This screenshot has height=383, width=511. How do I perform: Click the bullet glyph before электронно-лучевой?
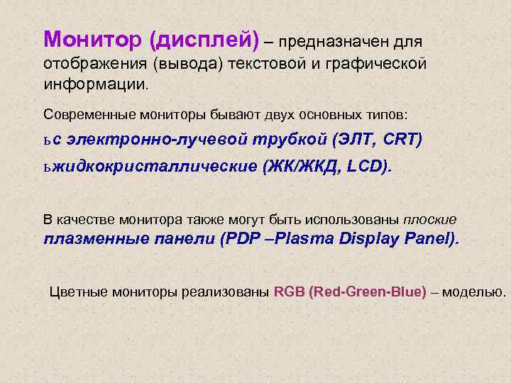tap(47, 140)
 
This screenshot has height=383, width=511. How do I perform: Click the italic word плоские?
tap(430, 219)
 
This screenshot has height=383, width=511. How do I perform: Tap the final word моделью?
tap(474, 292)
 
